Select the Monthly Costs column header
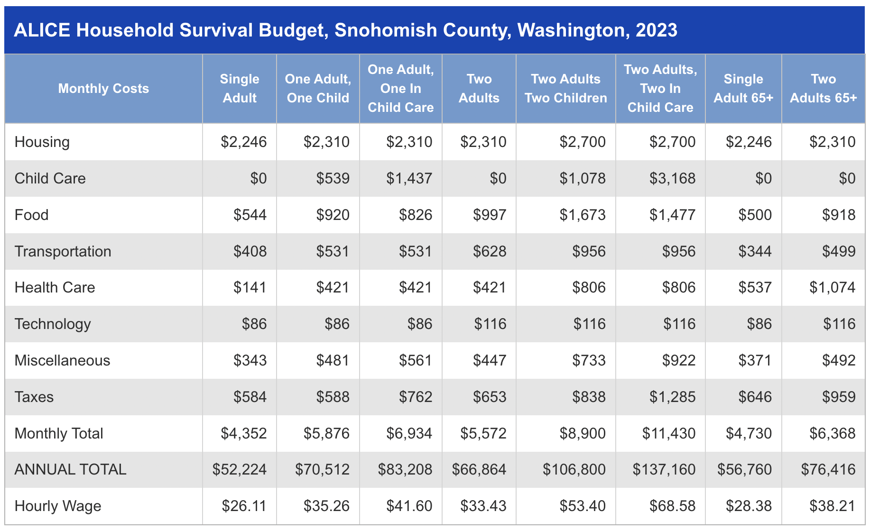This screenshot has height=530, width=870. click(103, 89)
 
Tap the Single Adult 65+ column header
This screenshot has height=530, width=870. click(743, 89)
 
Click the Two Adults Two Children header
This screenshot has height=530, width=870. click(565, 89)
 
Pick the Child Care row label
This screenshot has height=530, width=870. click(50, 179)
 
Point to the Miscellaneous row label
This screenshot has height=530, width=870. click(62, 361)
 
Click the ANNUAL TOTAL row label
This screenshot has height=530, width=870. click(70, 470)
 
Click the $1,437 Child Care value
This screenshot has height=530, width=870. click(409, 179)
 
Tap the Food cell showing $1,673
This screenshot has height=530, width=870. click(582, 215)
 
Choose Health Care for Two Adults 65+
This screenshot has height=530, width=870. click(832, 288)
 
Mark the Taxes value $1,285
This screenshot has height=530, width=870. click(672, 397)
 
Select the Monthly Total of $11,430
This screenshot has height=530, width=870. click(668, 434)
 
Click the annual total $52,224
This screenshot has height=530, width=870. click(240, 470)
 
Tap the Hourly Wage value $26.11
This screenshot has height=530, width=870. click(244, 506)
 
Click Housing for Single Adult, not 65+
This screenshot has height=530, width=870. click(244, 142)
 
